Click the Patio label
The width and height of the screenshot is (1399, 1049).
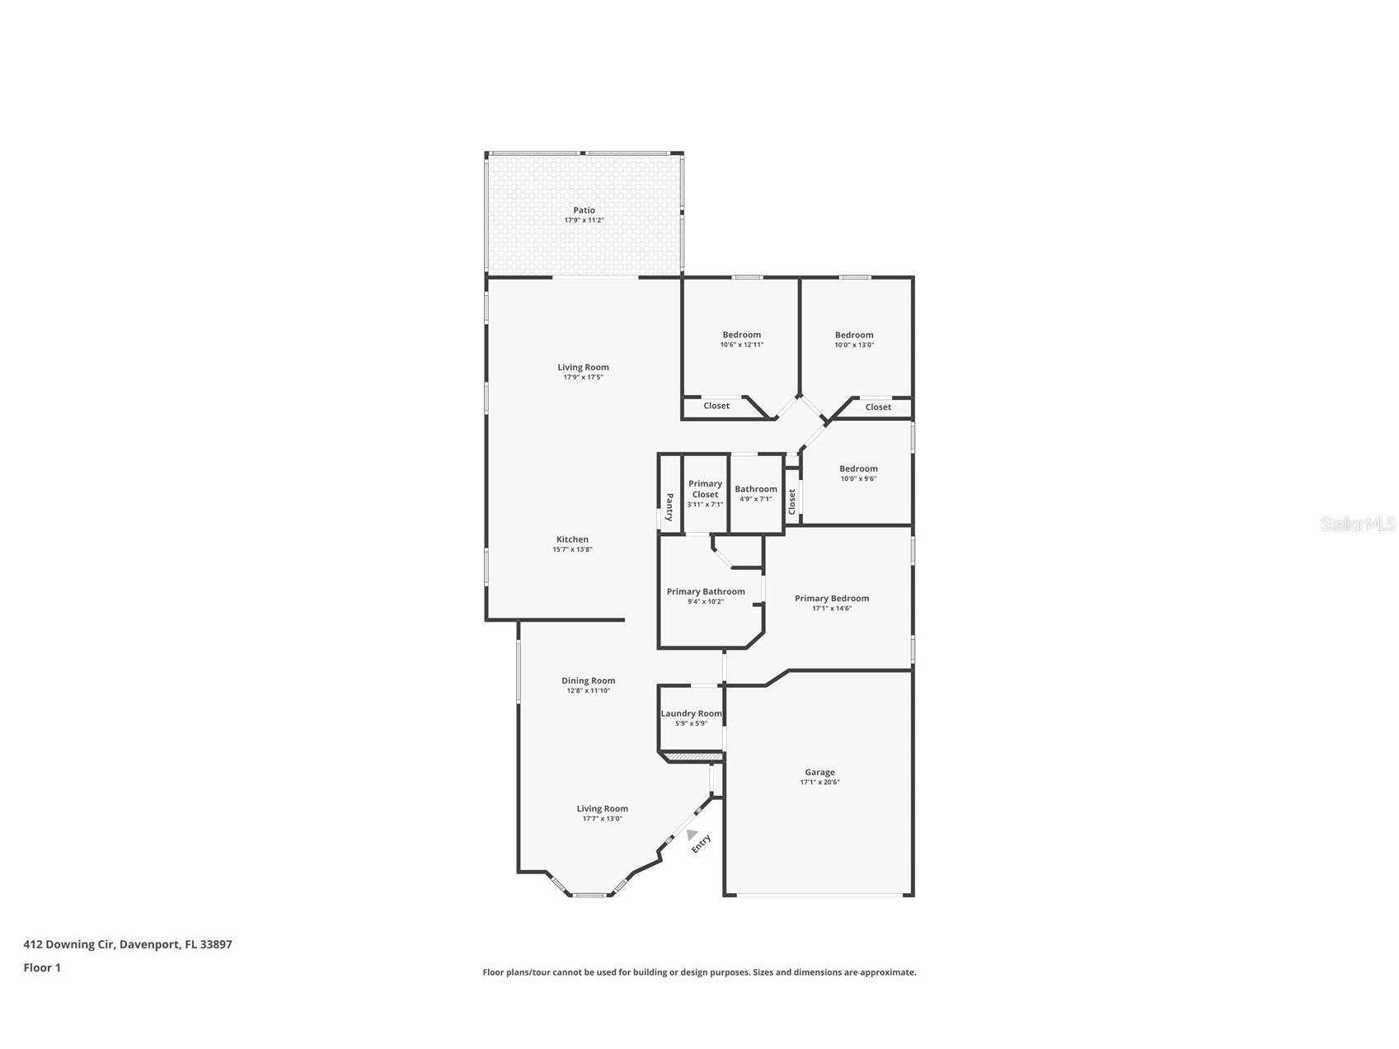(x=584, y=210)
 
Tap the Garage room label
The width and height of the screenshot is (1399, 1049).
(x=819, y=773)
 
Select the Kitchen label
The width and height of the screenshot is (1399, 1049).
(x=572, y=539)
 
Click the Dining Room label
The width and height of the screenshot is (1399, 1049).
(x=588, y=681)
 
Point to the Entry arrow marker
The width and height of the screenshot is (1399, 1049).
(x=692, y=835)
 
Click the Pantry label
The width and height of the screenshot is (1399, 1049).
(x=669, y=507)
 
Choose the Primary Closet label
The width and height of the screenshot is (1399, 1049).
(x=705, y=489)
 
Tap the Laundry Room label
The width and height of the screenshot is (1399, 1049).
(x=691, y=713)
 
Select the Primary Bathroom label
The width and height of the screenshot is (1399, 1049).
(x=706, y=591)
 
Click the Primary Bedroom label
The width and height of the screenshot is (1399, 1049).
(x=831, y=598)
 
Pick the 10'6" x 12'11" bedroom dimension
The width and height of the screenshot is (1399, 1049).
(x=741, y=345)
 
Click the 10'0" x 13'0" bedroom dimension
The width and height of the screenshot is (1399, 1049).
(x=853, y=345)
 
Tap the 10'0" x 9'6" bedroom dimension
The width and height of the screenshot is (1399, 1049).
(x=858, y=478)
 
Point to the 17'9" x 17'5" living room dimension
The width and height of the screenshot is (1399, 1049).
(x=583, y=377)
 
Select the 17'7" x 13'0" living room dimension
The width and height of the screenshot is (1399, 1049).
(x=602, y=818)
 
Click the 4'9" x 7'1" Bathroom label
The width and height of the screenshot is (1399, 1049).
(x=756, y=489)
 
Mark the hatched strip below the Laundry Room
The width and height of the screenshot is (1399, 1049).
(x=693, y=756)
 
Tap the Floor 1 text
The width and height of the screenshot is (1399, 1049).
(x=42, y=967)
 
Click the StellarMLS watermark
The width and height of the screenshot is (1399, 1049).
(x=1357, y=524)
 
